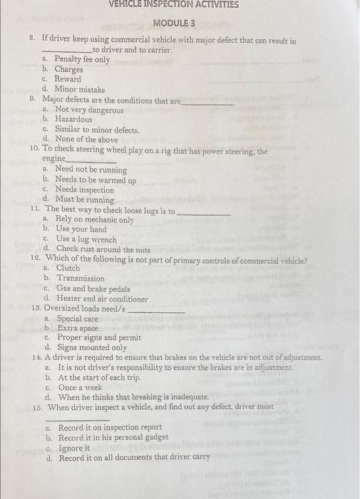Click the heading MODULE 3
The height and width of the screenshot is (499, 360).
pos(174,23)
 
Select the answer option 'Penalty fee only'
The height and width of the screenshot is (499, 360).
pos(82,60)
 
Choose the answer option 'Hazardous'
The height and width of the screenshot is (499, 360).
pos(73,120)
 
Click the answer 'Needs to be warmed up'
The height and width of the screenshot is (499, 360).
pos(96,180)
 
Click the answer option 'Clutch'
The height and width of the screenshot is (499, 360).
pos(68,269)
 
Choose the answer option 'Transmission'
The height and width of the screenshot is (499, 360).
pos(81,279)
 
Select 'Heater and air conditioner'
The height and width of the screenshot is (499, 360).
pos(103,299)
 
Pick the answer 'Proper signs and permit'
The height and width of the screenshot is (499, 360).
pos(98,337)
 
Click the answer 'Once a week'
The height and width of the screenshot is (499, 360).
pos(82,386)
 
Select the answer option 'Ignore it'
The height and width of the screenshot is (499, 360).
pos(73,448)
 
